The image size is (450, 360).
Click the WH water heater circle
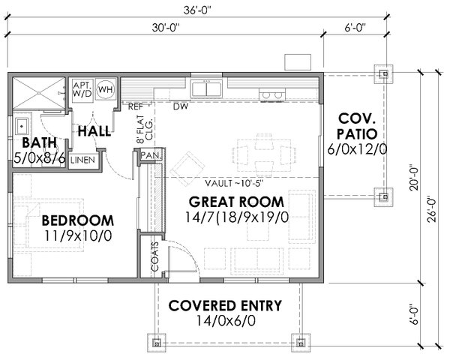(x=106, y=89)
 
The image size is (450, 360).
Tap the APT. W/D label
(x=82, y=89)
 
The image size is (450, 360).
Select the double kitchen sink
(x=207, y=88)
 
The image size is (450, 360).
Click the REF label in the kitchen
(x=136, y=106)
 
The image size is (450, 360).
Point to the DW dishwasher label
(x=181, y=106)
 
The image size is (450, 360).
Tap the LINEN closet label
(x=82, y=160)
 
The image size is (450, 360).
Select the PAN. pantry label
(x=151, y=155)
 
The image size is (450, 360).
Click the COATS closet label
(x=155, y=256)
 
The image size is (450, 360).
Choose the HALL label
(x=94, y=131)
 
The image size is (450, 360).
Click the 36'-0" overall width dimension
(x=197, y=10)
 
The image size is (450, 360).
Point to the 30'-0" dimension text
(x=166, y=28)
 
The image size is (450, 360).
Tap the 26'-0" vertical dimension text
(x=431, y=209)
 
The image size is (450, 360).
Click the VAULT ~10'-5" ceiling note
(x=234, y=183)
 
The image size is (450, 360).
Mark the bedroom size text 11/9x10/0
(x=78, y=236)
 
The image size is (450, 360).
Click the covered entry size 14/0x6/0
(x=226, y=321)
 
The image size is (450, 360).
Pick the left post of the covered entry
(x=157, y=343)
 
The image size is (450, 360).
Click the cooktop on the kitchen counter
(x=272, y=94)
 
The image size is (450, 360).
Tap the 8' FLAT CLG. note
(x=145, y=129)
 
